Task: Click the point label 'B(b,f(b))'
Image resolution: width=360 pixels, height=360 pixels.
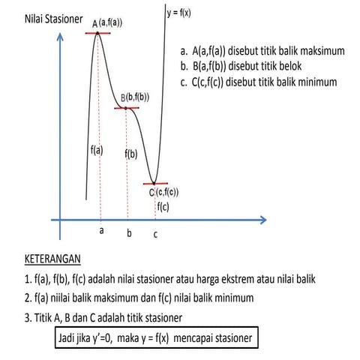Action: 135,97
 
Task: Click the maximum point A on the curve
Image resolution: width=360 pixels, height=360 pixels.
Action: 97,33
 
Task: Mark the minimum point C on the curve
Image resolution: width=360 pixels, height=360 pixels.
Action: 155,183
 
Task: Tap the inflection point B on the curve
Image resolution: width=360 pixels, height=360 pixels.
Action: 126,108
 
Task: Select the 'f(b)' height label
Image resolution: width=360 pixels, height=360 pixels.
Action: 130,154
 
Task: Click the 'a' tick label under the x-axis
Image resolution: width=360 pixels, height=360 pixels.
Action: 101,231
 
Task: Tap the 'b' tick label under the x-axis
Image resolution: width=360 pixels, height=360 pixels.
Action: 129,234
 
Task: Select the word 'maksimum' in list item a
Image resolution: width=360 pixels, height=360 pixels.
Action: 320,52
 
